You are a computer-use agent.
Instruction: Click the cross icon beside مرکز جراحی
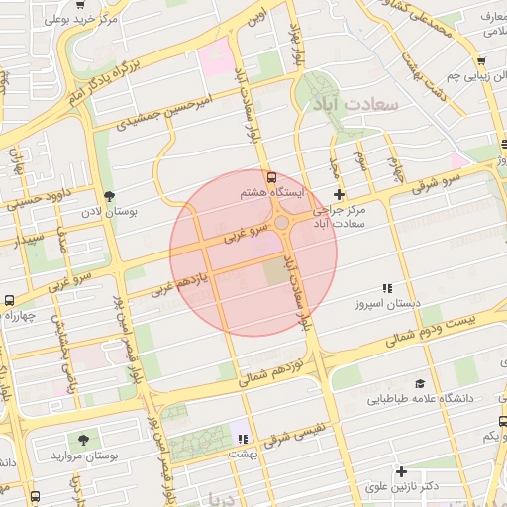point(340,194)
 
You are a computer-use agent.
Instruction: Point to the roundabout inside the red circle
point(283,224)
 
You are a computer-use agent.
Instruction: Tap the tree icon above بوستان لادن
point(109,196)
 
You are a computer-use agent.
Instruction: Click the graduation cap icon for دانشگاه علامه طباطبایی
point(420,383)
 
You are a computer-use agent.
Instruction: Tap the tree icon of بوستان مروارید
point(82,439)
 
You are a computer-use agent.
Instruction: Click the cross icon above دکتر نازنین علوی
point(401,471)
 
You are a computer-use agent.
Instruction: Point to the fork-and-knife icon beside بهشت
point(242,437)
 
